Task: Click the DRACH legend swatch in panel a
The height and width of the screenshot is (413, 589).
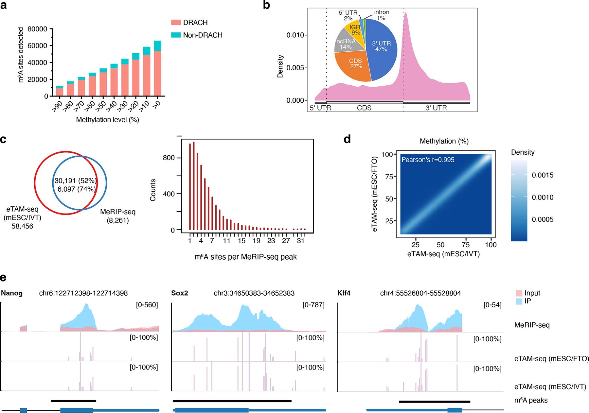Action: [x=176, y=23]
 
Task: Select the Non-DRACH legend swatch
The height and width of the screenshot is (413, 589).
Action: [x=176, y=35]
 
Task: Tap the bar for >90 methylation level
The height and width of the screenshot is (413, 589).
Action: [x=59, y=92]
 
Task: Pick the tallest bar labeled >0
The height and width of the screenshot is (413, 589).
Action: [x=158, y=72]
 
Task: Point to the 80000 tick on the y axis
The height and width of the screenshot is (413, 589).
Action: [x=38, y=29]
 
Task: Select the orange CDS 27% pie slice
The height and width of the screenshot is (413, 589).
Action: [x=355, y=65]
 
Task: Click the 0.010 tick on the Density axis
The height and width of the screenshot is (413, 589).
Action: [x=295, y=35]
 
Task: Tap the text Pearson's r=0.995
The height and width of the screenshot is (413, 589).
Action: [x=428, y=160]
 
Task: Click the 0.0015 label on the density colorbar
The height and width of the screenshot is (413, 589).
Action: [x=542, y=175]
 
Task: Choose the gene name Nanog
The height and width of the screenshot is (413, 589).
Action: [x=12, y=293]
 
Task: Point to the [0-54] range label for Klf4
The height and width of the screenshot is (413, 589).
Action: [x=492, y=305]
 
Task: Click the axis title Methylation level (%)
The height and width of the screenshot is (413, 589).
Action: [x=108, y=120]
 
